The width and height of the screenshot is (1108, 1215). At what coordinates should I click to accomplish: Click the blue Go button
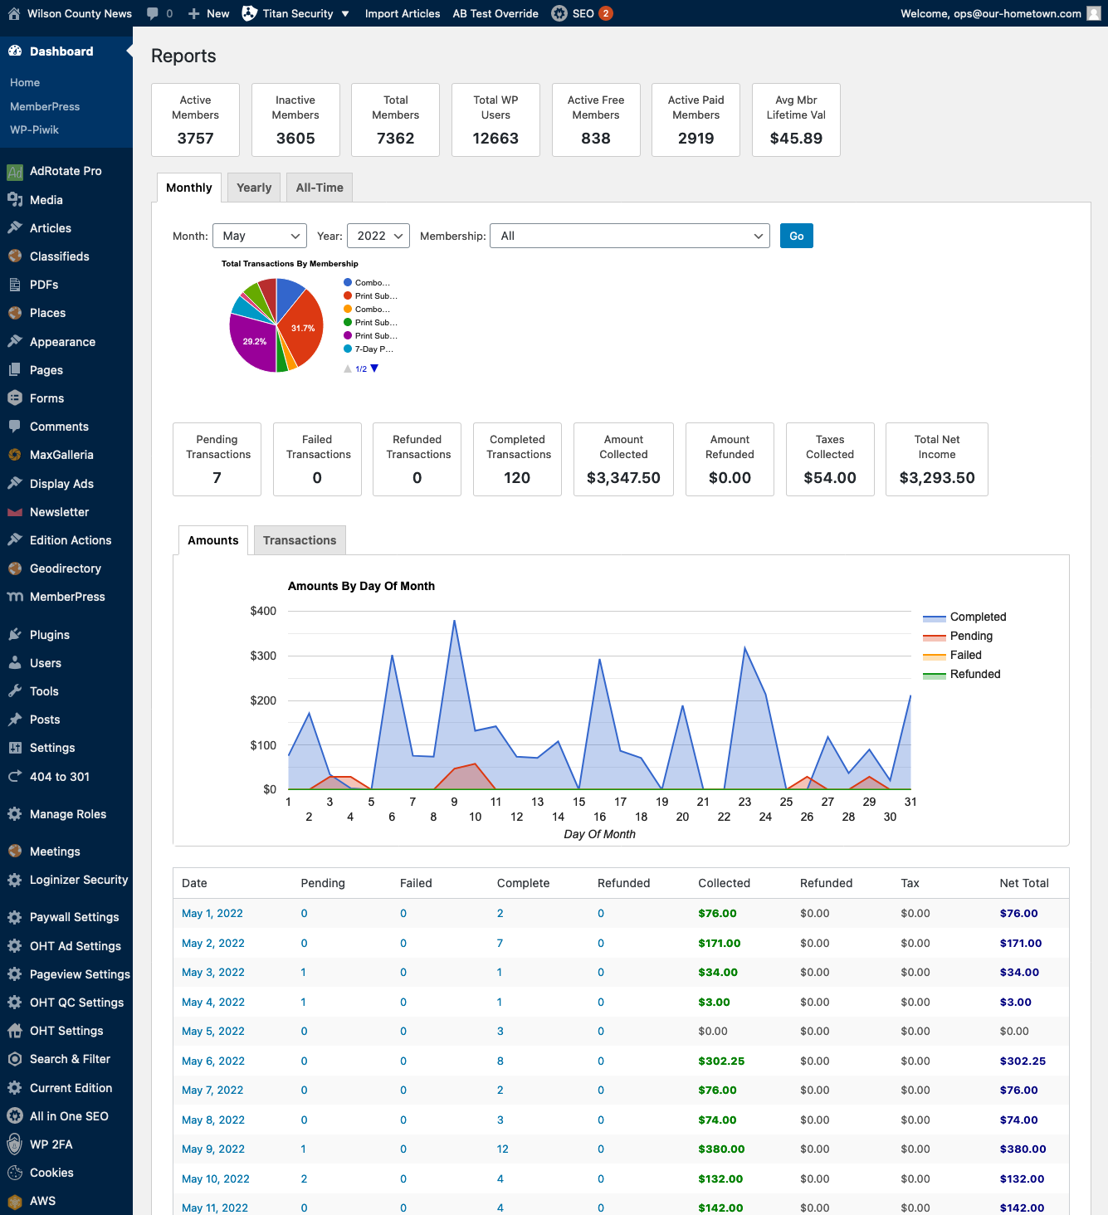(x=796, y=237)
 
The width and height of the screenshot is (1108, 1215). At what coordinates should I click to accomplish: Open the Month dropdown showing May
(x=259, y=237)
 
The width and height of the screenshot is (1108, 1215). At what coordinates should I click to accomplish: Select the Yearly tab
(x=254, y=188)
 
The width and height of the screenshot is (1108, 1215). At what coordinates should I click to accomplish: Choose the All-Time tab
(x=320, y=188)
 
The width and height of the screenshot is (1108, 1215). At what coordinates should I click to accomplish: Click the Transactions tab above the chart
(x=300, y=540)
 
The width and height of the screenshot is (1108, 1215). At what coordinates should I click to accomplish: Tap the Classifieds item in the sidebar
(x=59, y=256)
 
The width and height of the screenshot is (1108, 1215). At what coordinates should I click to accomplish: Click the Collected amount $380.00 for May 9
(x=721, y=1149)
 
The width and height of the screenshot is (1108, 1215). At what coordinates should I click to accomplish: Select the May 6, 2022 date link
(x=212, y=1061)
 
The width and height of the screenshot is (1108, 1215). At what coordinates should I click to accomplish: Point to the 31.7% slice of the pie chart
(x=302, y=329)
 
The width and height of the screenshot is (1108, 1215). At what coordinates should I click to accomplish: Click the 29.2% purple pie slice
(x=254, y=342)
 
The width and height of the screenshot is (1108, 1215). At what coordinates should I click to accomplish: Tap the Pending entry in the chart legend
(x=970, y=637)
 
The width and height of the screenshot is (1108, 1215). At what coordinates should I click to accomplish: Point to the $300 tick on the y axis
(x=263, y=656)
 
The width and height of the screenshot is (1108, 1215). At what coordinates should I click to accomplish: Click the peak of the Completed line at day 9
(x=454, y=621)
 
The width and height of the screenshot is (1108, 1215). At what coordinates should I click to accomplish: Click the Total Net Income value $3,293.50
(x=937, y=478)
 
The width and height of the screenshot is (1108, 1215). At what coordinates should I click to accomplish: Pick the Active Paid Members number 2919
(x=696, y=139)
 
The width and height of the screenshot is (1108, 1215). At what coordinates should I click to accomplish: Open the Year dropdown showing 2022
(x=378, y=237)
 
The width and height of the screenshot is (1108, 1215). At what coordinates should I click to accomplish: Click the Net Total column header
(x=1023, y=883)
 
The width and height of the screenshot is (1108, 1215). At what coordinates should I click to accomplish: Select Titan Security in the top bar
(x=297, y=13)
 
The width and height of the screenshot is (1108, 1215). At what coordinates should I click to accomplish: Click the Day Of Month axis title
(x=599, y=834)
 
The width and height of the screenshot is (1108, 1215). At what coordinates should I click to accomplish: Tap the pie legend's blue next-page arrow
(x=374, y=368)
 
